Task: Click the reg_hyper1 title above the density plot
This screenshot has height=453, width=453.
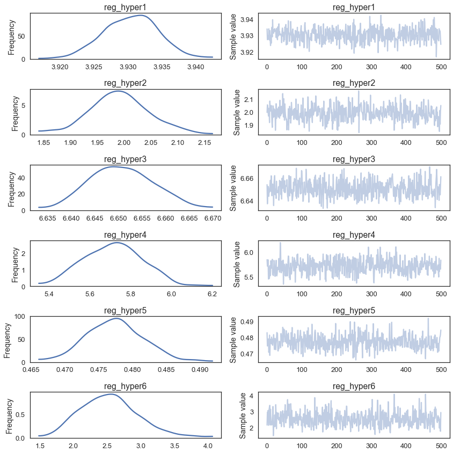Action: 125,7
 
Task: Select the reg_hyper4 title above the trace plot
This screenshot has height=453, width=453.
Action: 354,235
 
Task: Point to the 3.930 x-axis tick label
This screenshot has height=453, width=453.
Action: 128,67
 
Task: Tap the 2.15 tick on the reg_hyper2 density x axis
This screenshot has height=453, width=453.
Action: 204,143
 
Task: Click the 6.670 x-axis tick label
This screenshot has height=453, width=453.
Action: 213,218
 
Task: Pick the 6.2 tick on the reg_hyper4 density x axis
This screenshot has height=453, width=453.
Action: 212,294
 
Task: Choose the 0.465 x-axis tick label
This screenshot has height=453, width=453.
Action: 31,370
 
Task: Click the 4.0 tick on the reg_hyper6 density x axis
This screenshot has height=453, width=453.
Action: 208,446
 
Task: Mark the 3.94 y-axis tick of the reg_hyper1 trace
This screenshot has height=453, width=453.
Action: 247,20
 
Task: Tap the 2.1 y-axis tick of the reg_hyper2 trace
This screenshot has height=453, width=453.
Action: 249,100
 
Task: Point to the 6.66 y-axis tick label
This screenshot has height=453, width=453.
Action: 247,179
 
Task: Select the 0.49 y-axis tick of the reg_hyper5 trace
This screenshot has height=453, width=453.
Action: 247,322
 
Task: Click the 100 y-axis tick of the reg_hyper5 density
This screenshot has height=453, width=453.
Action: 20,317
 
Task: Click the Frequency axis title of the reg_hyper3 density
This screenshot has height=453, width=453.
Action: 11,189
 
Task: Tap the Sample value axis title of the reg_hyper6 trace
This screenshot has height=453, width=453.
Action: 242,415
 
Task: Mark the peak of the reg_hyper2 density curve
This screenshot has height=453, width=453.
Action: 118,91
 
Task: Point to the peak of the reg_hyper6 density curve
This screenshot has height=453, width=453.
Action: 111,394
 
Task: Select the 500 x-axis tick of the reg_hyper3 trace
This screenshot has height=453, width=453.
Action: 441,218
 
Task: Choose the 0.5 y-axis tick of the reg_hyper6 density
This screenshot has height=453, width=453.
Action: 21,415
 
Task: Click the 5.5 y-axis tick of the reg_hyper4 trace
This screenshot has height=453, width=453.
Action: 249,277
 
